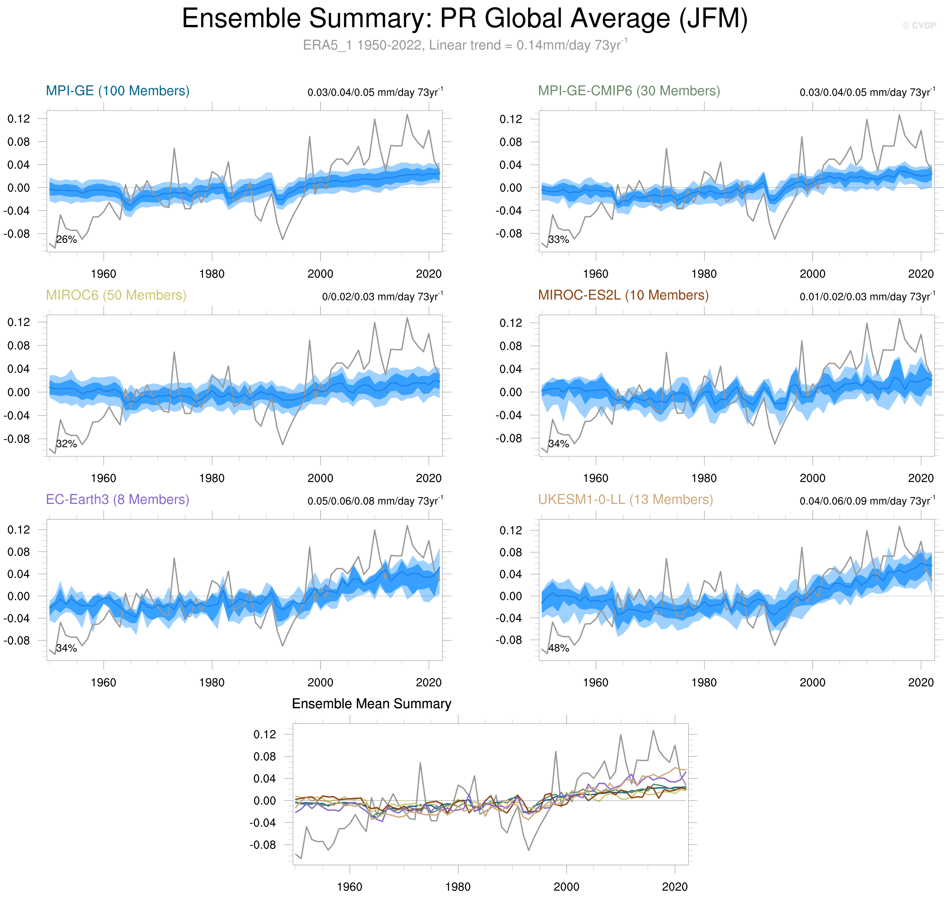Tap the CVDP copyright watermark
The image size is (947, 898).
[x=918, y=25]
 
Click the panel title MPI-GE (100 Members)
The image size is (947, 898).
[x=118, y=91]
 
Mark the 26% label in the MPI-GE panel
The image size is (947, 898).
[x=67, y=239]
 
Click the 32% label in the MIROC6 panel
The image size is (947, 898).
[x=67, y=444]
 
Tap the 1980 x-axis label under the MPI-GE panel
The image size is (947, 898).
[x=212, y=274]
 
